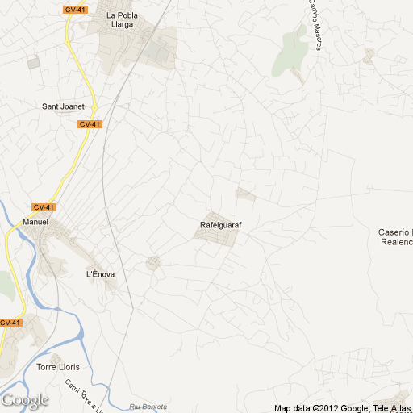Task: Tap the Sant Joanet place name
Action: tap(64, 106)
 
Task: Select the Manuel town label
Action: tap(35, 222)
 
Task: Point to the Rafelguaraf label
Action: tap(220, 225)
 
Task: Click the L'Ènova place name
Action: tap(100, 274)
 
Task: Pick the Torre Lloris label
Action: tap(56, 368)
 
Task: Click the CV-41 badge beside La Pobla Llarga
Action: tap(75, 10)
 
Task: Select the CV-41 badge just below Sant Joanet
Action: tap(89, 124)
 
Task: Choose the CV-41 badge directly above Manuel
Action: tap(44, 207)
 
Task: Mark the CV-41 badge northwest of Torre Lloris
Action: tap(10, 323)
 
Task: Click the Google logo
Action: tap(25, 400)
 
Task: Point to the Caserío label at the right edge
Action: tap(395, 232)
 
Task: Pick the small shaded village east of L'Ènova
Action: tap(152, 262)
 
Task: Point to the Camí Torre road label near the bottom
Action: tap(84, 396)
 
